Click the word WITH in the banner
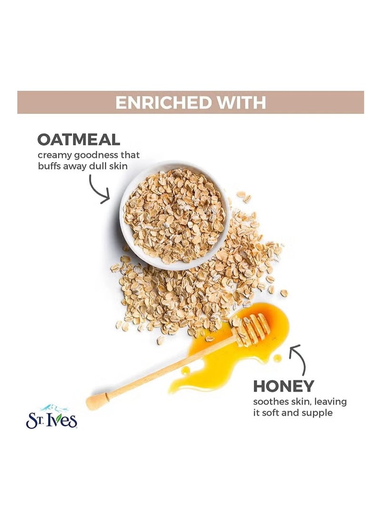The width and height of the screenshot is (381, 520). pyautogui.click(x=242, y=103)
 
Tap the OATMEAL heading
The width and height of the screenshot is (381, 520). pyautogui.click(x=79, y=140)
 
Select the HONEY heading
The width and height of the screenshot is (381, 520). pyautogui.click(x=284, y=386)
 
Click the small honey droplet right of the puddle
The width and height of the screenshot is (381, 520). pyautogui.click(x=277, y=358)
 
